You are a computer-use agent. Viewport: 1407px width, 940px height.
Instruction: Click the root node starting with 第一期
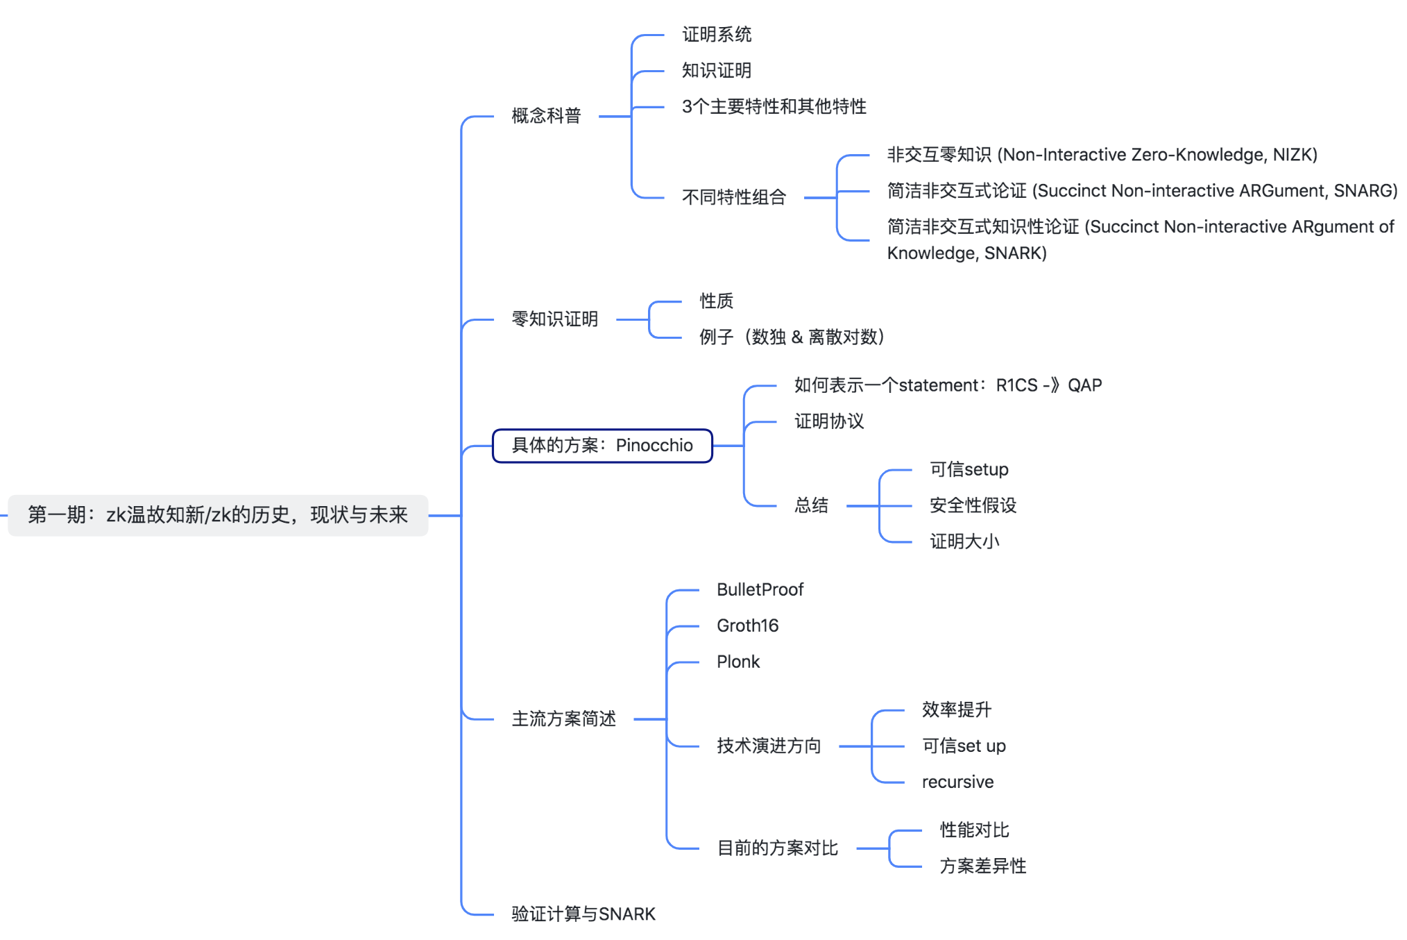(x=218, y=515)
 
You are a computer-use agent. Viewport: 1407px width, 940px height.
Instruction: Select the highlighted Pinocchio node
(x=602, y=446)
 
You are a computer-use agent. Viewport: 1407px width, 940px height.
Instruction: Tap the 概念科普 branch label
(x=546, y=116)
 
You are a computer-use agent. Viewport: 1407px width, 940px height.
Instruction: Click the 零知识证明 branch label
(x=555, y=319)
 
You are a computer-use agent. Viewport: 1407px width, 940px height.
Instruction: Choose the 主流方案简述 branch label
(x=564, y=719)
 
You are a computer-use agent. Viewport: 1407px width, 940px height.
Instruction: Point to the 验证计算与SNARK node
(x=583, y=914)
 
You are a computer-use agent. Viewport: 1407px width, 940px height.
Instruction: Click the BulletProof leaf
(x=760, y=590)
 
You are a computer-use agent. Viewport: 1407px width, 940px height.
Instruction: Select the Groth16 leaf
(x=748, y=626)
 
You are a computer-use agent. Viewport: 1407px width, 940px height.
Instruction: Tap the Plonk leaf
(x=738, y=662)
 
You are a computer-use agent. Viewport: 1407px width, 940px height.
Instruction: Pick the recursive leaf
(x=958, y=782)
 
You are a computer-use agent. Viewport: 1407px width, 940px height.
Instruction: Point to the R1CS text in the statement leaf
(x=1017, y=385)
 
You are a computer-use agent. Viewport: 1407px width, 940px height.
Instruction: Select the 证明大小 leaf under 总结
(x=965, y=542)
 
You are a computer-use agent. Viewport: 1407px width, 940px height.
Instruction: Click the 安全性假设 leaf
(x=973, y=505)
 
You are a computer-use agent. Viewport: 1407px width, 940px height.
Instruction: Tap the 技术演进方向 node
(x=769, y=746)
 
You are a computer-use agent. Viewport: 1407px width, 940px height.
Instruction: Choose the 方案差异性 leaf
(x=983, y=866)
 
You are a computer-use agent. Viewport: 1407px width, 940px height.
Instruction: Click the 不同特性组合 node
(x=734, y=198)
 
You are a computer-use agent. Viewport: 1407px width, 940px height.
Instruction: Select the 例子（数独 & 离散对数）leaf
(x=792, y=337)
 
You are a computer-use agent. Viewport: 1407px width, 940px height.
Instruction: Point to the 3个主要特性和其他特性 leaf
(x=774, y=107)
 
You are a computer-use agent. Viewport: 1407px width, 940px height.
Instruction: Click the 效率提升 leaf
(x=957, y=710)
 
